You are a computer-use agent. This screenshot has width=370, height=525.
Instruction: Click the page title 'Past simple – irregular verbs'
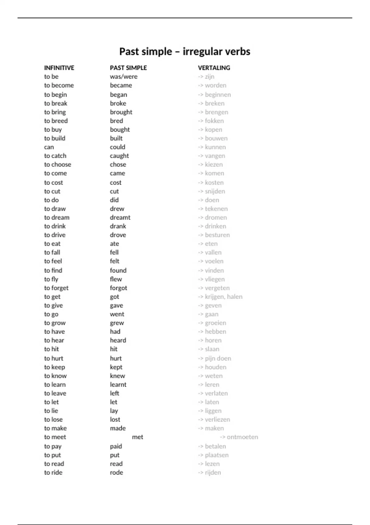pos(185,52)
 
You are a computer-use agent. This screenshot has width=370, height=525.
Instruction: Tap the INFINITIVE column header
pos(59,68)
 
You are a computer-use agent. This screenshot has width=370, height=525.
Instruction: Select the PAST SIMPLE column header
pos(128,68)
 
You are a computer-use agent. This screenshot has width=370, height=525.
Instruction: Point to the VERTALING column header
pos(214,68)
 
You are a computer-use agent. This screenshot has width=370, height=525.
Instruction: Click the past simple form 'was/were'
pos(124,77)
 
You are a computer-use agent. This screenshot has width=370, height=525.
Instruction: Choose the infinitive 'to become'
pos(59,85)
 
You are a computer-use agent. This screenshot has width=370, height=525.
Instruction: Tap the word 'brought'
pos(121,112)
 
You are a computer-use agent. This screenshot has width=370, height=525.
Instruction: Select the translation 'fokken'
pos(214,121)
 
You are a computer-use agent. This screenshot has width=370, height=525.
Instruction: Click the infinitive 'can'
pos(49,147)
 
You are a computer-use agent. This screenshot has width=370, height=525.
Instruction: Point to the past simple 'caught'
pos(119,156)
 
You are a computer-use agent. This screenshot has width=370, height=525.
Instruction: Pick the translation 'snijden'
pos(215,191)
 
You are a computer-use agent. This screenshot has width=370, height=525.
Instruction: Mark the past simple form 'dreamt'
pos(120,218)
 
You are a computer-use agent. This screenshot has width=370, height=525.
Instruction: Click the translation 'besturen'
pos(217,235)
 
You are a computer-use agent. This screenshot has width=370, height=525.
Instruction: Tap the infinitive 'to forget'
pos(56,288)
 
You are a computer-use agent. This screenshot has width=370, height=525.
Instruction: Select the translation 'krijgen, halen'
pos(224,297)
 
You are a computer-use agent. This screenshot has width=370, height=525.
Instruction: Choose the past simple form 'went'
pos(117,314)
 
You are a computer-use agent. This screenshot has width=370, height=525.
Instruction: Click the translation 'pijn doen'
pos(218,359)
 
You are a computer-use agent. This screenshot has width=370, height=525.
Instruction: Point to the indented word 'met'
pos(138,437)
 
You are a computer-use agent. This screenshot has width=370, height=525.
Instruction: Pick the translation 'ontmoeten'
pos(242,437)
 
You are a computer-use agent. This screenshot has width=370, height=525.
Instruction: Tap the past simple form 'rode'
pos(116,472)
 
